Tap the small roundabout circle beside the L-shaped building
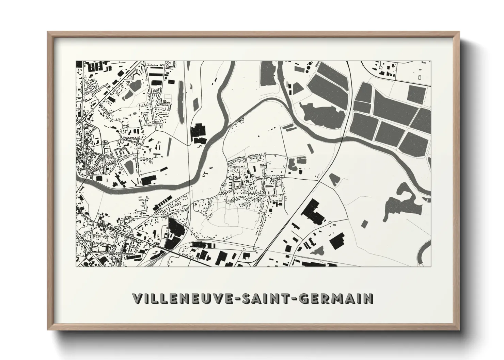330,223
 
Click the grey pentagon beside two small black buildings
297,89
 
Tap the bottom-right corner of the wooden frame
458,330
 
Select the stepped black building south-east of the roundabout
337,240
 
